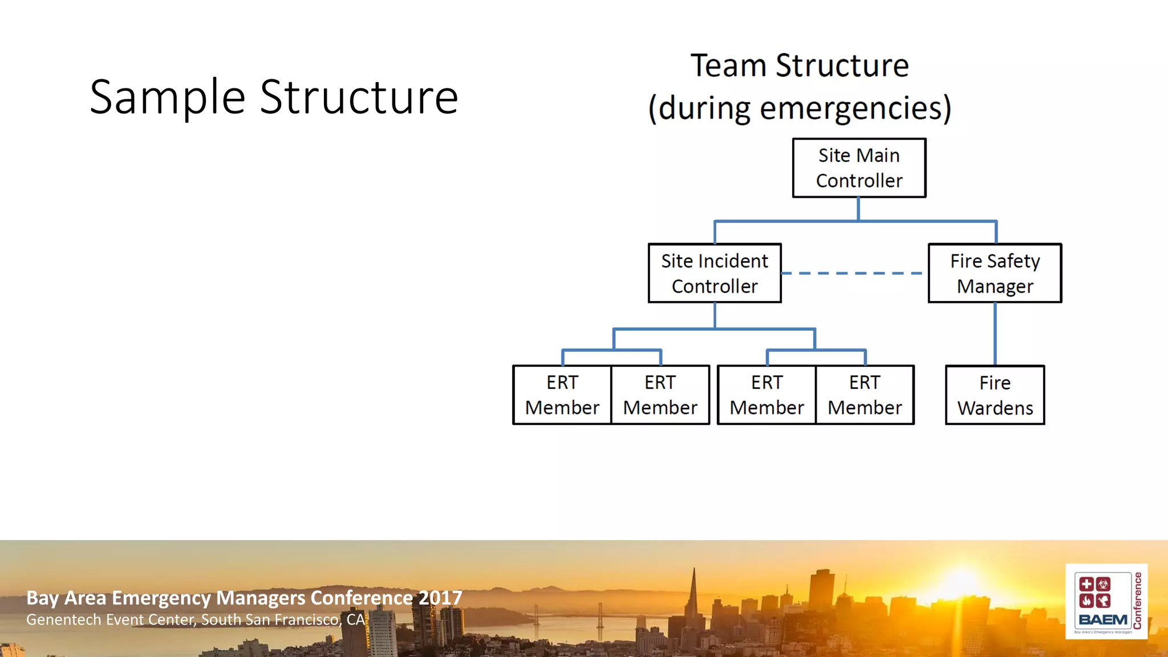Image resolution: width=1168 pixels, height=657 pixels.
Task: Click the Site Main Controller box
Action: coord(859,168)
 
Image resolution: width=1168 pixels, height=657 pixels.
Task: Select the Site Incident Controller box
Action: coord(714,273)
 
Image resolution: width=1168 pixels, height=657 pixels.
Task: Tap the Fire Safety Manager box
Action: coord(995,273)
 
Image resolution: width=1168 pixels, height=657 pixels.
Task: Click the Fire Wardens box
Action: coord(995,395)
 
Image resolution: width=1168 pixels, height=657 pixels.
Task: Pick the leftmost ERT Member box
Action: coord(562,395)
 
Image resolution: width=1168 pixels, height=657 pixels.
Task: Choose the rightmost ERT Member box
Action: coord(865,395)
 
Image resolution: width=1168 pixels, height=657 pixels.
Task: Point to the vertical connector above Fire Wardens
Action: coord(995,334)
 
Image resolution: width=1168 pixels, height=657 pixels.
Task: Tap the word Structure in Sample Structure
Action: coord(359,97)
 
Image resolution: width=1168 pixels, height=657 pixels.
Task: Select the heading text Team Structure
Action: coord(800,66)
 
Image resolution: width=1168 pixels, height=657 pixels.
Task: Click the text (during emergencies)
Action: coord(800,108)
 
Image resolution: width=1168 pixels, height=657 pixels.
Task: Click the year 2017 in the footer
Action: coord(440,598)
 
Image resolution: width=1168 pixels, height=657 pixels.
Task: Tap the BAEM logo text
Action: coord(1102,620)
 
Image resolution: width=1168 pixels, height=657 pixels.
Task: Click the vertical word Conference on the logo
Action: coord(1137,601)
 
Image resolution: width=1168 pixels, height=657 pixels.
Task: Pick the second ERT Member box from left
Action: coord(660,395)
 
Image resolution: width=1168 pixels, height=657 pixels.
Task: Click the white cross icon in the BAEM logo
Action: coord(1086,584)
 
